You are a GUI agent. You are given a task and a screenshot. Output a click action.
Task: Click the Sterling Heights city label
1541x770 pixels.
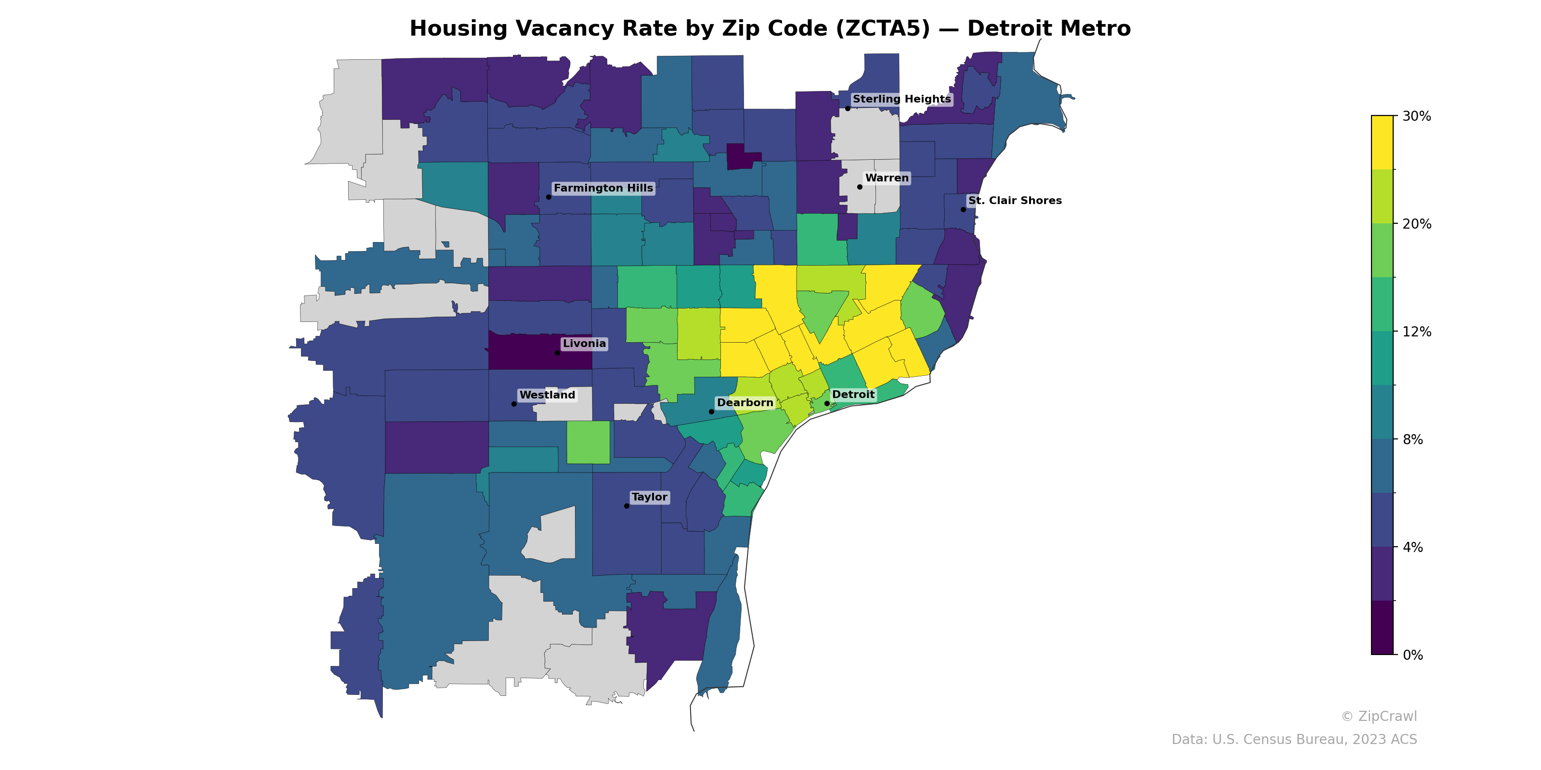coord(901,99)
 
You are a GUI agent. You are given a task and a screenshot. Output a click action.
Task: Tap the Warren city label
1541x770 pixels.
coord(887,178)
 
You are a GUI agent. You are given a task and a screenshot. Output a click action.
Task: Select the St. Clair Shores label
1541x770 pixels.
coord(1015,201)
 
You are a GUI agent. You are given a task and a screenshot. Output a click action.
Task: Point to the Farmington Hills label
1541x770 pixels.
coord(603,188)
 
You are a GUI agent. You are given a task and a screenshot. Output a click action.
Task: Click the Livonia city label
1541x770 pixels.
coord(584,344)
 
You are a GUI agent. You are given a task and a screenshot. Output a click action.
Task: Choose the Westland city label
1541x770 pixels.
coord(547,395)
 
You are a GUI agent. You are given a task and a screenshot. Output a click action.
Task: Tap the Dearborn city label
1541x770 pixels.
coord(745,403)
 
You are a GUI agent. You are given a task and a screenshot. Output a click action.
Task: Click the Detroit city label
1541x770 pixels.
coord(853,395)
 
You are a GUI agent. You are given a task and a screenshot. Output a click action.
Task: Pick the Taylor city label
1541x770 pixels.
coord(649,498)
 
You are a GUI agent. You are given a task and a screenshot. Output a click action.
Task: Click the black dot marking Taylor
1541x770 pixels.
coord(627,506)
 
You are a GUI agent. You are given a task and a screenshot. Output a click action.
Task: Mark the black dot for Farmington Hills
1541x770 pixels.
coord(548,197)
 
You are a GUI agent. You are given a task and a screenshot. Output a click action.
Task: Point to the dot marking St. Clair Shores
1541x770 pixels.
coord(963,209)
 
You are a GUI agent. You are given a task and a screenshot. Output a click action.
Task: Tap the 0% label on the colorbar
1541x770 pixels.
coord(1412,655)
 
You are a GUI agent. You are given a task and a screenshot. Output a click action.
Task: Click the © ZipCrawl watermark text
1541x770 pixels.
coord(1378,716)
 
